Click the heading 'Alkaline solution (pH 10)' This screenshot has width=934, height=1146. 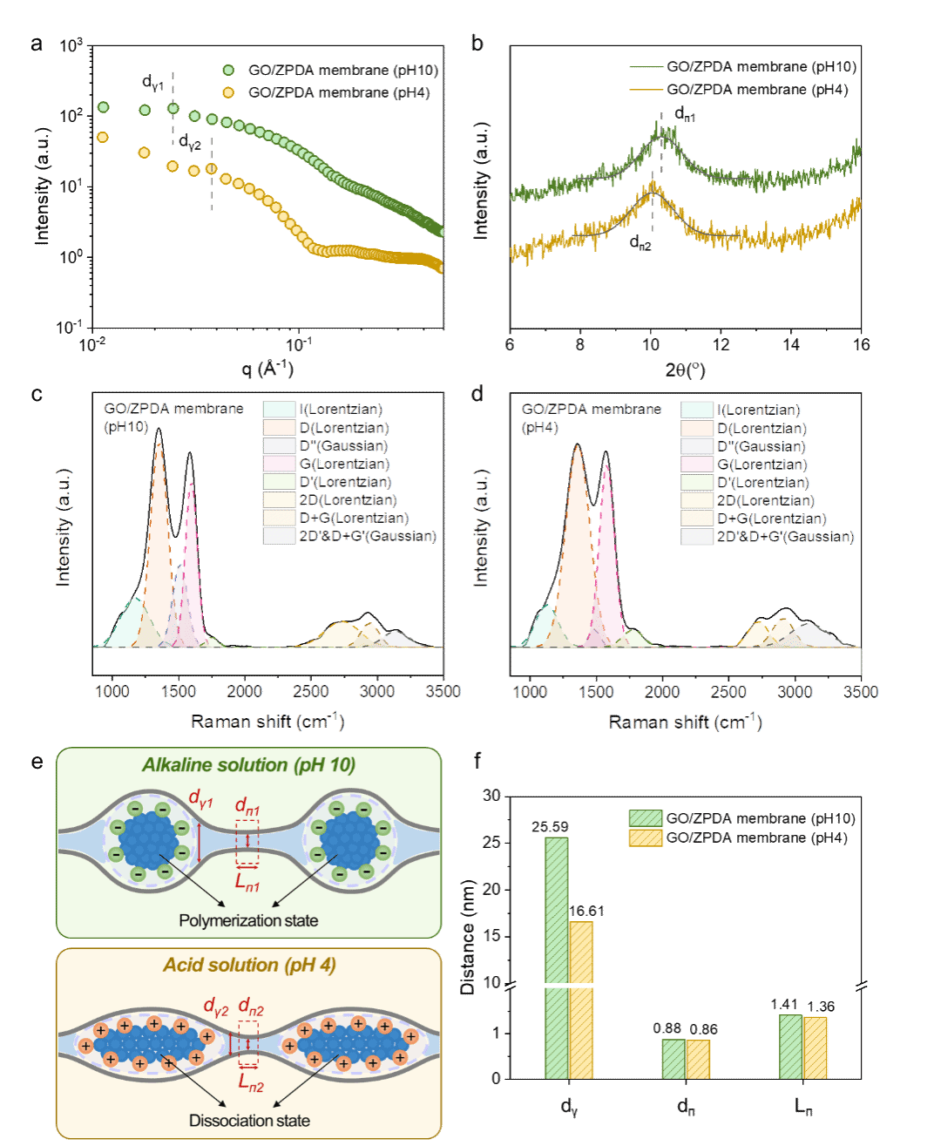click(x=248, y=765)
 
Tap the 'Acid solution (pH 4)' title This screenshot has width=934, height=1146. click(x=249, y=966)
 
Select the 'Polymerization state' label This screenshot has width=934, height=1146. click(x=248, y=920)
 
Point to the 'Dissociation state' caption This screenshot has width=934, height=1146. click(x=249, y=1121)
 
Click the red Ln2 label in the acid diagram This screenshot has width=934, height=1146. click(x=251, y=1083)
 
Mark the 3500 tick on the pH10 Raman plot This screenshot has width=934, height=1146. click(x=443, y=691)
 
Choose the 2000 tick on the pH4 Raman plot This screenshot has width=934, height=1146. click(x=662, y=692)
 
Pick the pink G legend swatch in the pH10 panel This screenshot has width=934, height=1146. click(x=279, y=464)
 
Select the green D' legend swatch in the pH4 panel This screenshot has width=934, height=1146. click(x=697, y=482)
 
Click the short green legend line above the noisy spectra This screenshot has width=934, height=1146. click(x=646, y=67)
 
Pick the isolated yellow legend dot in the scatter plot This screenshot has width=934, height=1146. click(x=228, y=92)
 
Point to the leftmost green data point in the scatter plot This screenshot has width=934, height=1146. click(x=103, y=107)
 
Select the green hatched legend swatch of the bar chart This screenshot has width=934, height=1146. click(x=646, y=817)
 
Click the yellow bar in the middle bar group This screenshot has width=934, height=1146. click(x=698, y=1059)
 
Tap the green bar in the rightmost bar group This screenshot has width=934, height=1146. click(x=791, y=1047)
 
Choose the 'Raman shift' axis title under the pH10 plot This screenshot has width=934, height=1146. click(x=267, y=722)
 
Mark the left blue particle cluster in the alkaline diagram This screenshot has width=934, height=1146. click(x=149, y=839)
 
